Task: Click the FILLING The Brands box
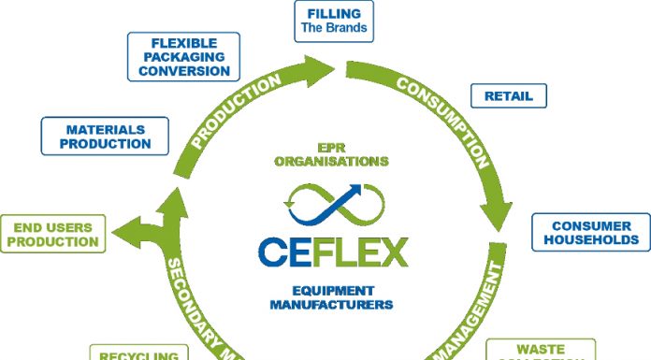(334, 21)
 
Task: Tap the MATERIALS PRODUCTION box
(105, 137)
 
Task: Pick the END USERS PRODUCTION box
(52, 235)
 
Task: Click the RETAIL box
(508, 95)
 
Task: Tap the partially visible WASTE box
(541, 352)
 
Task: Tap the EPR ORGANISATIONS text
(331, 154)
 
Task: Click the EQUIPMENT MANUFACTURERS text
(331, 297)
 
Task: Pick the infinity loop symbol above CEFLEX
(331, 200)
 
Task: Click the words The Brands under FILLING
(334, 28)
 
